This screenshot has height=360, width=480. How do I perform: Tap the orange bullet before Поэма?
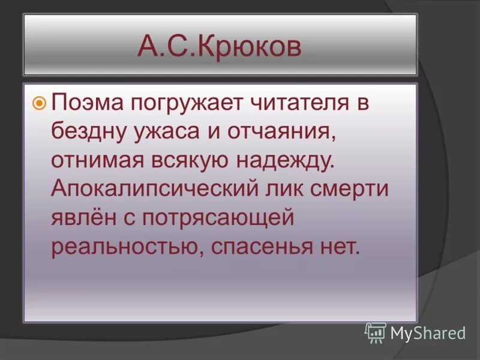click(39, 103)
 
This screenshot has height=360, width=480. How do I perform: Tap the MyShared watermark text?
click(428, 333)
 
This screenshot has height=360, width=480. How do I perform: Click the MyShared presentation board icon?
click(376, 332)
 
